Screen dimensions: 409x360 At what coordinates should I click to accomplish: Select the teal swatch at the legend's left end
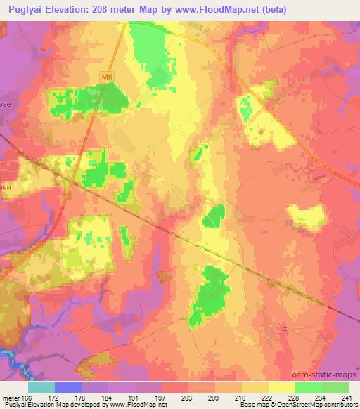pos(41,387)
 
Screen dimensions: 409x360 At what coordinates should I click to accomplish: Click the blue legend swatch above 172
pos(67,387)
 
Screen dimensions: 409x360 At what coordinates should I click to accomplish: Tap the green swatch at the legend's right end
pos(335,387)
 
